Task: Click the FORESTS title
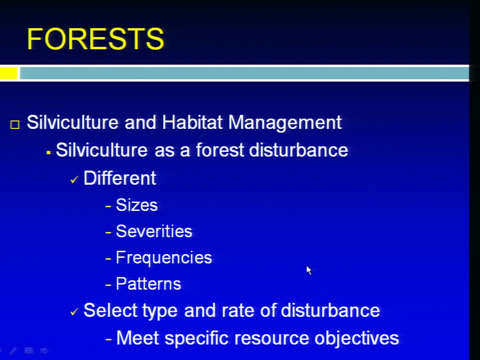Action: (95, 38)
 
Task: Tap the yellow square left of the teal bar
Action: (8, 73)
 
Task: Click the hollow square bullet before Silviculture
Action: (14, 124)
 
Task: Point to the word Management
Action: (285, 123)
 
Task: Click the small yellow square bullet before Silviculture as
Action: (48, 152)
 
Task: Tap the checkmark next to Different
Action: (74, 179)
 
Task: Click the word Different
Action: (119, 178)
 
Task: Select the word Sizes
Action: (136, 205)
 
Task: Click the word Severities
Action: (154, 231)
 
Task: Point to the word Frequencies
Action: (164, 258)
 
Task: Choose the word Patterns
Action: (148, 284)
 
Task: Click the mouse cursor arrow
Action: (308, 270)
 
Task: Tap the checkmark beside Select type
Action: (74, 311)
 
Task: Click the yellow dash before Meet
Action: (108, 339)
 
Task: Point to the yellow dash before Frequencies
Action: (108, 258)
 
